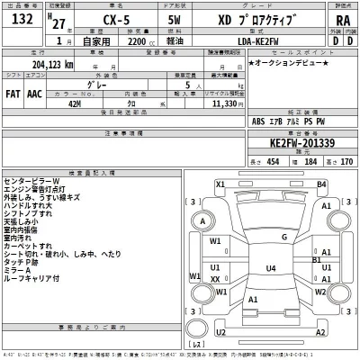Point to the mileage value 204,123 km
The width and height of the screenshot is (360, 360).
point(45,65)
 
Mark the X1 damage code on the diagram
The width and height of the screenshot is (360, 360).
point(220,184)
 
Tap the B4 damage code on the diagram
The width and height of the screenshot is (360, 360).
point(320,184)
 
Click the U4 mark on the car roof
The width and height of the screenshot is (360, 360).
point(270,268)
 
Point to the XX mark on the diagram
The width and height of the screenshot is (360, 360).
point(215,280)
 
